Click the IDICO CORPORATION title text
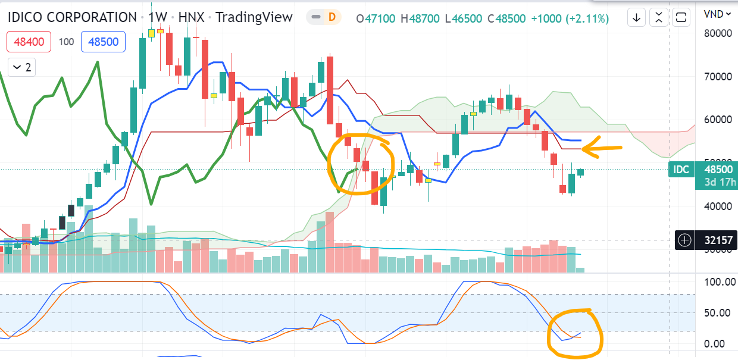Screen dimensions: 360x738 pyautogui.click(x=72, y=17)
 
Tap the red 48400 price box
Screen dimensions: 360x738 pyautogui.click(x=29, y=42)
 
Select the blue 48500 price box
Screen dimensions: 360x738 pyautogui.click(x=103, y=42)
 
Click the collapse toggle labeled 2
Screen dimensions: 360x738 pyautogui.click(x=21, y=67)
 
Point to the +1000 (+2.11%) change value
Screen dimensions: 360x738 pyautogui.click(x=571, y=18)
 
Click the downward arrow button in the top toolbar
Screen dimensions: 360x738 pyautogui.click(x=637, y=17)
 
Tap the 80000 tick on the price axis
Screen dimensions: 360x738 pyautogui.click(x=717, y=33)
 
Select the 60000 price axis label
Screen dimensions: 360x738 pyautogui.click(x=717, y=120)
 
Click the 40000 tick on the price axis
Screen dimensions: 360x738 pyautogui.click(x=717, y=206)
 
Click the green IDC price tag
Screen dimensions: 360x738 pyautogui.click(x=681, y=170)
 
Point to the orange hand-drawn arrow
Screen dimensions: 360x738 pyautogui.click(x=601, y=148)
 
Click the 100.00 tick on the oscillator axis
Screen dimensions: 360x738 pyautogui.click(x=720, y=281)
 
